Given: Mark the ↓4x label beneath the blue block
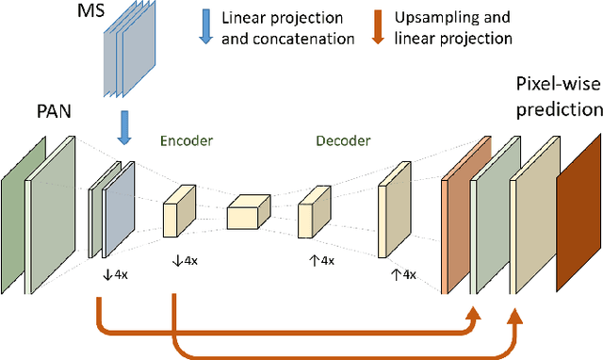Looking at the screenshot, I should [117, 274].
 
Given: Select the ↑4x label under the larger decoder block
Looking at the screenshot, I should [403, 274].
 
